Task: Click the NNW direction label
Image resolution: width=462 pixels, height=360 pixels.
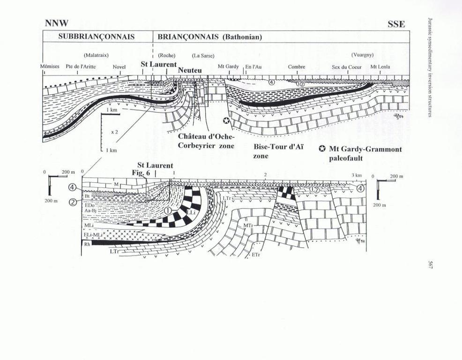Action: coord(57,23)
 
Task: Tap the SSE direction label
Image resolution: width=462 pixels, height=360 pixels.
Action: coord(396,23)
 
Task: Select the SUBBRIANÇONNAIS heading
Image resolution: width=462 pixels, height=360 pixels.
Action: coord(97,37)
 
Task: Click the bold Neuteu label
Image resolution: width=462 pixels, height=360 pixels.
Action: coord(190,70)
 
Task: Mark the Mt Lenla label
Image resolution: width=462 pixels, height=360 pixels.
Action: coord(380,67)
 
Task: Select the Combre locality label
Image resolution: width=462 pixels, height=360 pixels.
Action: coord(297,67)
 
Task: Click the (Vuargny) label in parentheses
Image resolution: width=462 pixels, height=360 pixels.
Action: coord(362,55)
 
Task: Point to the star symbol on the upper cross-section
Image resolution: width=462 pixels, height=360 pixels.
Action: coord(227,121)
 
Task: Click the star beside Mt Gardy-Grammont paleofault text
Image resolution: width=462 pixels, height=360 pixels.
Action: coord(322,149)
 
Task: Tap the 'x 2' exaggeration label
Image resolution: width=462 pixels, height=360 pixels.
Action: coord(114,133)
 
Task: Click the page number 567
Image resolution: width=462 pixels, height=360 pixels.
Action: coord(430,265)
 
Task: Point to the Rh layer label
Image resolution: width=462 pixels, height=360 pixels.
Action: coord(87,244)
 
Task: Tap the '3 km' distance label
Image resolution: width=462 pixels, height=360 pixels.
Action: coord(357,175)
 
